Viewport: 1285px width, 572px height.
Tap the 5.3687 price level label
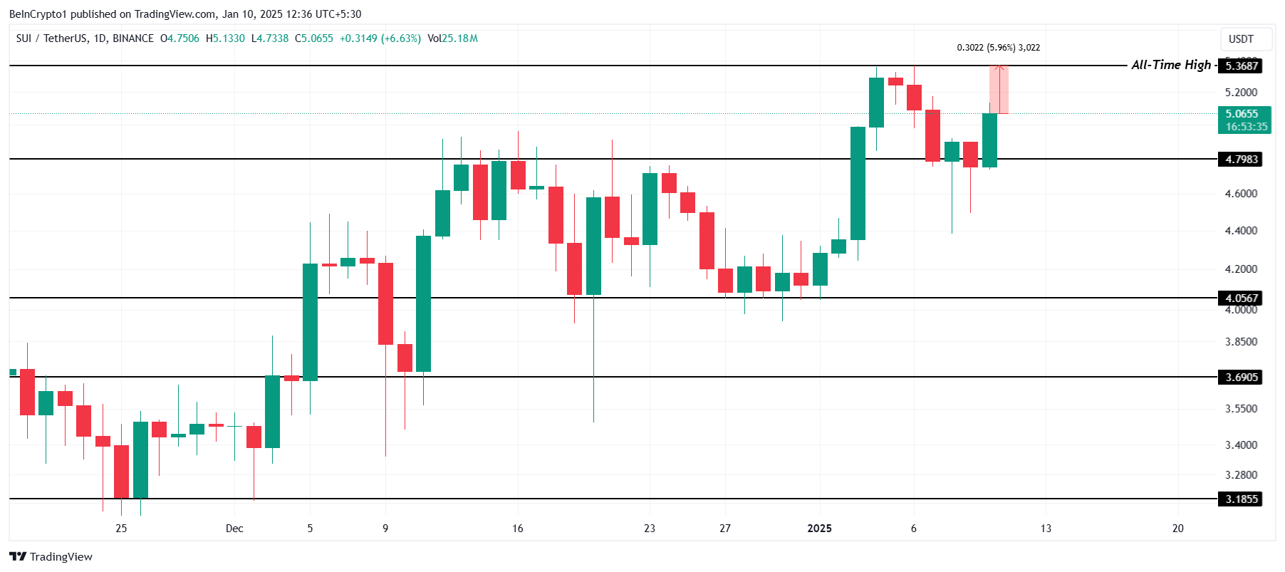[x=1241, y=66]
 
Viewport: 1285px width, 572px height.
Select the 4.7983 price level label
[x=1241, y=159]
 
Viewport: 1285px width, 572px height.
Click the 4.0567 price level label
[x=1241, y=298]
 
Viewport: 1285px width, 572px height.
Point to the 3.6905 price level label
[x=1241, y=377]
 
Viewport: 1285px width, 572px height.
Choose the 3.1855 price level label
[x=1241, y=499]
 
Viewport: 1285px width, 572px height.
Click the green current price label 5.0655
[x=1244, y=114]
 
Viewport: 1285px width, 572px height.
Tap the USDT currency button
[x=1241, y=39]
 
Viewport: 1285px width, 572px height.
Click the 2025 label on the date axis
[x=819, y=528]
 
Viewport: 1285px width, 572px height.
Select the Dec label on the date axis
[x=234, y=528]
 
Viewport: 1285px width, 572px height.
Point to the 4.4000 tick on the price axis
[x=1241, y=230]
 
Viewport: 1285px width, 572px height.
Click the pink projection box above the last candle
[x=999, y=89]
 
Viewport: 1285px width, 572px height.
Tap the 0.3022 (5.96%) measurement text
[x=998, y=48]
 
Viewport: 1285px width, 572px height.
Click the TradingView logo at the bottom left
[x=51, y=556]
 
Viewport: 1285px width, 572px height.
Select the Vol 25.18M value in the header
[x=453, y=38]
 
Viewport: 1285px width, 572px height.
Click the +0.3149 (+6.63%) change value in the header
[x=380, y=38]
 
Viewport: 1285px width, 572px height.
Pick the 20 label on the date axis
[x=1177, y=528]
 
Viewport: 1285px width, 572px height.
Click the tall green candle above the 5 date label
[x=310, y=321]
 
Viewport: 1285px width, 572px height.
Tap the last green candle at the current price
[x=989, y=140]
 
